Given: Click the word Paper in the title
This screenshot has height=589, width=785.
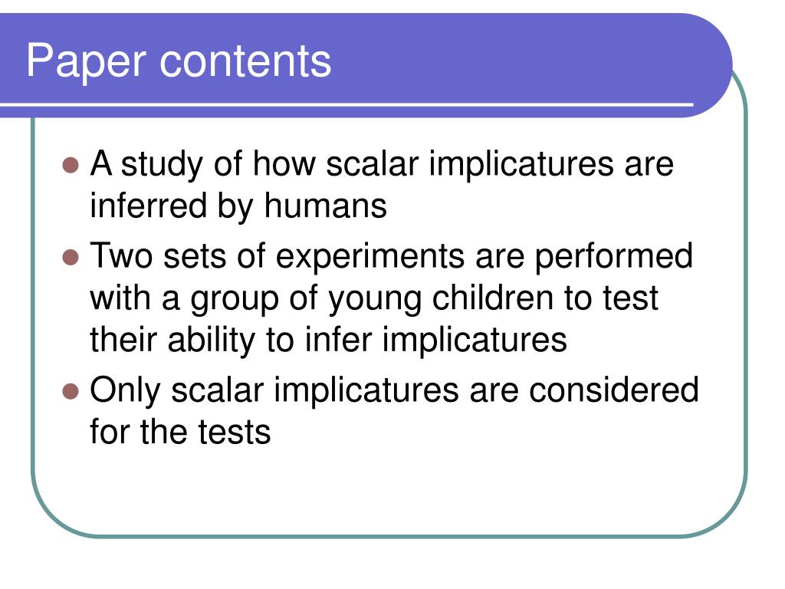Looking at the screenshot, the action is tap(86, 61).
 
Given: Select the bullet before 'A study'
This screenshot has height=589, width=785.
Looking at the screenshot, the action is tap(71, 165).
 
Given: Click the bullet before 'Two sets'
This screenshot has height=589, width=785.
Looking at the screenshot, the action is tap(71, 257).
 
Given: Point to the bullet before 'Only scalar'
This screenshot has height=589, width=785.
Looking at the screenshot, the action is tap(71, 391).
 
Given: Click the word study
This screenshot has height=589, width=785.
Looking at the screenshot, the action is tap(161, 165).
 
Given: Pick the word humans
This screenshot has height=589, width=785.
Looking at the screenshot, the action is tap(325, 206).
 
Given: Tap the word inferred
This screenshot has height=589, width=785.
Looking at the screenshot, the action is tap(148, 206).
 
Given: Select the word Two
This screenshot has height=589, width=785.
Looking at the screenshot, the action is tap(121, 256).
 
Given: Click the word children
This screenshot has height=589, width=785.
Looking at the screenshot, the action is tap(493, 298).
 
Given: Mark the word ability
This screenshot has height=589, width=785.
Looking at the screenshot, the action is tap(212, 341).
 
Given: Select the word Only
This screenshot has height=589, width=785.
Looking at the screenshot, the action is tap(125, 390).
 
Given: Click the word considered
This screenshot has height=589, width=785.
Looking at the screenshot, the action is tap(614, 390).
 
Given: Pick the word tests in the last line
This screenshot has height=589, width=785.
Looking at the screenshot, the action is tap(235, 432).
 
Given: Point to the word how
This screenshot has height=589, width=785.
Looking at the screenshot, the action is tap(284, 163).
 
